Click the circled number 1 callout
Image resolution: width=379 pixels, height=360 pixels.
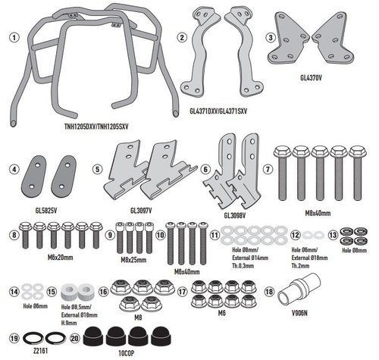click(14, 38)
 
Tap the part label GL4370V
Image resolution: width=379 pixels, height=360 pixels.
click(311, 78)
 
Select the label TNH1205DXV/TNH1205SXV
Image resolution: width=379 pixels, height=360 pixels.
click(96, 127)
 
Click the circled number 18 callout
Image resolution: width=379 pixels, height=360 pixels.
click(269, 292)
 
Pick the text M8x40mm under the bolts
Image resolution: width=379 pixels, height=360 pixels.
click(318, 214)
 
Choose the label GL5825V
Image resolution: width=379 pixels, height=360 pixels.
click(46, 210)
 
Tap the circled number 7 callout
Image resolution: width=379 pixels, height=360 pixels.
click(268, 169)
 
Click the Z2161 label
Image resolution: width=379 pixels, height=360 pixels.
click(40, 351)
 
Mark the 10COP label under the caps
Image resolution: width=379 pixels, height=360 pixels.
click(127, 353)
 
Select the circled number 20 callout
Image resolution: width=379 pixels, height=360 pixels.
click(75, 338)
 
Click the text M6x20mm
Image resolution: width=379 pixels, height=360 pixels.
click(61, 258)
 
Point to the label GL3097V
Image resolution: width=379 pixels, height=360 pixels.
click(141, 210)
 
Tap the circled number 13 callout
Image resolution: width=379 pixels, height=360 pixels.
click(333, 235)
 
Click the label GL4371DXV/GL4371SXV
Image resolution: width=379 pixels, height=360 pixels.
click(218, 111)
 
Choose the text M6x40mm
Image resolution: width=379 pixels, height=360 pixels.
click(186, 272)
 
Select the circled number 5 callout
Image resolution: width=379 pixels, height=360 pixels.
click(98, 169)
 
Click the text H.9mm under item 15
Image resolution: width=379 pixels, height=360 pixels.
click(69, 323)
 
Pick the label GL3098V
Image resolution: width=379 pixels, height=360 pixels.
click(235, 215)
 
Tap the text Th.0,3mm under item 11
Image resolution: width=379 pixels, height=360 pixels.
click(243, 266)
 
